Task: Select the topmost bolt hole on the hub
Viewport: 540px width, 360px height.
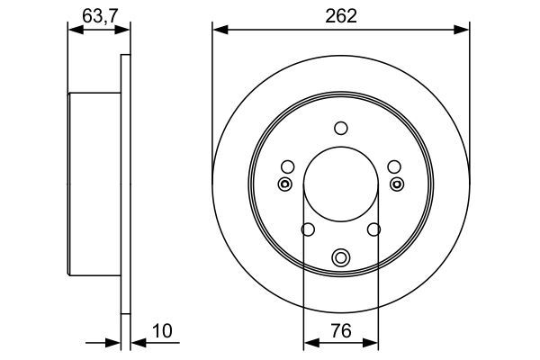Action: pos(340,128)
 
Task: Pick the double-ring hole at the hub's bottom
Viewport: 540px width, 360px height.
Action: pos(340,258)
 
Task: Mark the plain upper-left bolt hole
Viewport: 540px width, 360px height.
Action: pos(287,166)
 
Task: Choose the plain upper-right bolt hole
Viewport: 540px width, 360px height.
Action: pos(393,166)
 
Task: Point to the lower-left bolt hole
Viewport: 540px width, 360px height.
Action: pos(307,230)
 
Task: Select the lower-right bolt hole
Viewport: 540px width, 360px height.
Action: pos(373,230)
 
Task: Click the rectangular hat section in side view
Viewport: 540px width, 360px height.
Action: pos(94,184)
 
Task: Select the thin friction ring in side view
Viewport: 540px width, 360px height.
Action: pos(125,184)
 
